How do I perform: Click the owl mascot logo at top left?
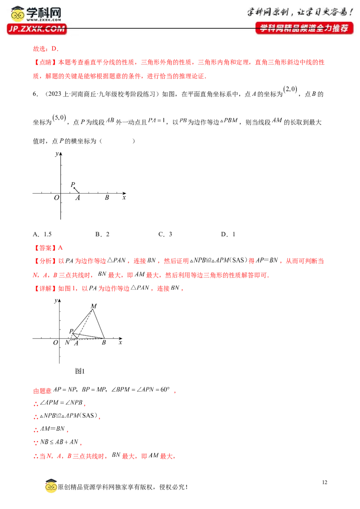[x=18, y=13]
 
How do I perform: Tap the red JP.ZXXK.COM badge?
[x=37, y=29]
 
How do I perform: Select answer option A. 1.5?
[x=42, y=234]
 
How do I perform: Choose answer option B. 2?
[x=102, y=234]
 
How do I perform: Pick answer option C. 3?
[x=165, y=234]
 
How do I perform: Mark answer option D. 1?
[x=228, y=234]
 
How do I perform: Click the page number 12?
[x=324, y=482]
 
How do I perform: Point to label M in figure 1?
[x=94, y=306]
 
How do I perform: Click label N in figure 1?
[x=67, y=342]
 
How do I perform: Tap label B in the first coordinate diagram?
[x=107, y=197]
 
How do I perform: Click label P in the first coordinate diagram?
[x=73, y=184]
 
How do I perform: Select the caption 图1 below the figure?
[x=80, y=371]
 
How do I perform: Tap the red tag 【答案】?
[x=45, y=248]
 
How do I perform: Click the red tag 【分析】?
[x=45, y=261]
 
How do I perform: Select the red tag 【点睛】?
[x=45, y=63]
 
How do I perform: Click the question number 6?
[x=36, y=94]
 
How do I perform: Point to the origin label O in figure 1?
[x=55, y=343]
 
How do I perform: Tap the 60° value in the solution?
[x=165, y=389]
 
